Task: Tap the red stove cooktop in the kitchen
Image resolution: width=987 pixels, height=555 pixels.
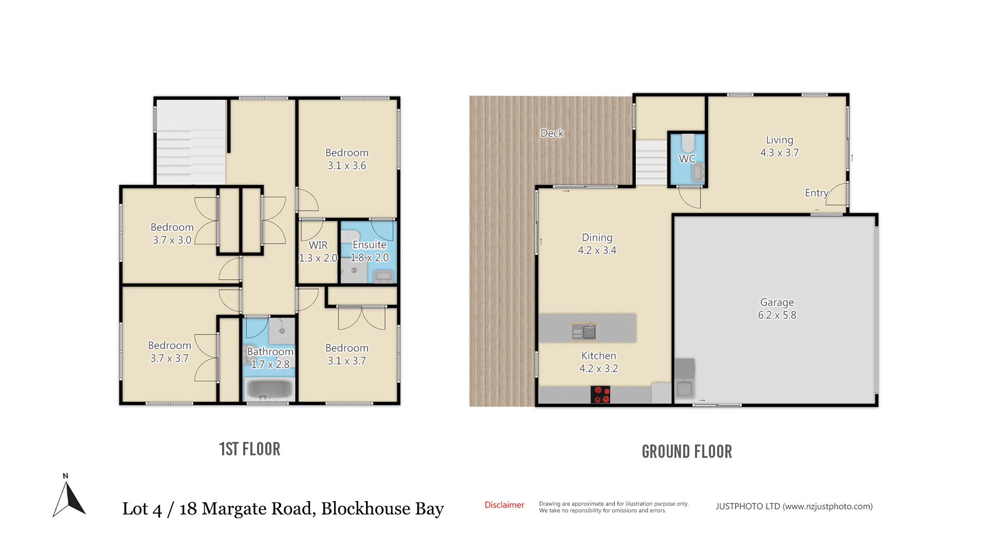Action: point(600,395)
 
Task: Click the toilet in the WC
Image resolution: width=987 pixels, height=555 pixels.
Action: point(687,144)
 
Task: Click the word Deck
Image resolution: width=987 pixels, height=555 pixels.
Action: point(552,133)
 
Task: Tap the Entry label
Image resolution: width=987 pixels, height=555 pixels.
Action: point(816,193)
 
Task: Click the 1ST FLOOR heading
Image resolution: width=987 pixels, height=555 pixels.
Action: point(250,449)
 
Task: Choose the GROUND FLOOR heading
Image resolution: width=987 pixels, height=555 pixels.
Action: point(687,452)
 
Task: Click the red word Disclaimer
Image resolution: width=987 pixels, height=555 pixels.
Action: point(504,505)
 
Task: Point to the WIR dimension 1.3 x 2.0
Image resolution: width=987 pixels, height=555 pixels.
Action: point(318,258)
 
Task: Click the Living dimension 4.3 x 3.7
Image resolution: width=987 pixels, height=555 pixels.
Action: point(779,153)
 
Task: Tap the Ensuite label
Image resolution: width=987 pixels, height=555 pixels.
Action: point(369,245)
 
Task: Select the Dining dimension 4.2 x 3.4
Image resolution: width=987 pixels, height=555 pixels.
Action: point(597,250)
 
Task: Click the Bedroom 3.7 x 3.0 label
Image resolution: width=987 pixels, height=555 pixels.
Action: point(172,233)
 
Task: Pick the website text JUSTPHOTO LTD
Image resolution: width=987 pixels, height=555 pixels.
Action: point(748,506)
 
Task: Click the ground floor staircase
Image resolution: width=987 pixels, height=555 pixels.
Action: point(651,162)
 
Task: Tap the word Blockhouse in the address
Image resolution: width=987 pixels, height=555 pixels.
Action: point(365,509)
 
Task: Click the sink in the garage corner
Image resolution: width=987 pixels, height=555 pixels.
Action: point(684,389)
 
